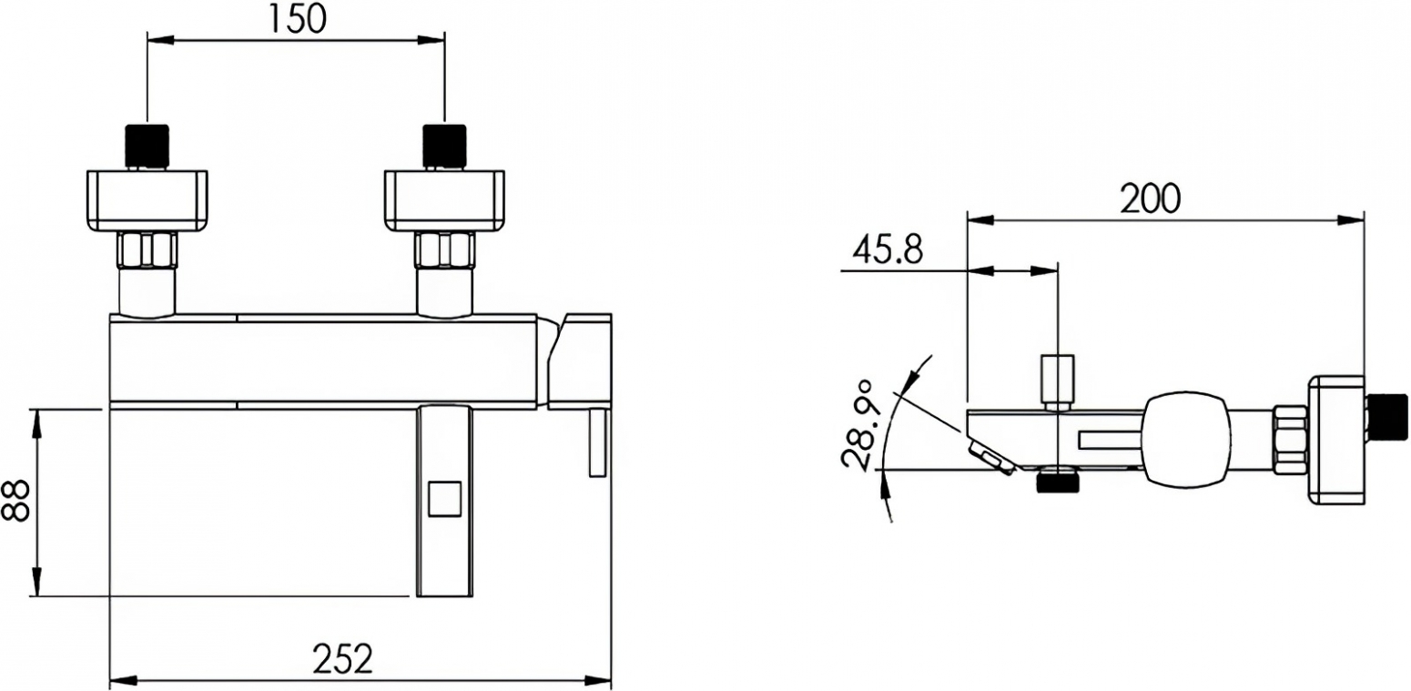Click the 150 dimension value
click(x=297, y=19)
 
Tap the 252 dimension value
click(x=342, y=659)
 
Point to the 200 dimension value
click(x=1151, y=199)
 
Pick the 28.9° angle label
click(x=859, y=424)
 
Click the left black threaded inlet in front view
click(x=147, y=146)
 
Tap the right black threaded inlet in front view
click(x=444, y=146)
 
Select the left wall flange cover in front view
click(x=147, y=199)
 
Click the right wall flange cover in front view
click(x=444, y=199)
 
